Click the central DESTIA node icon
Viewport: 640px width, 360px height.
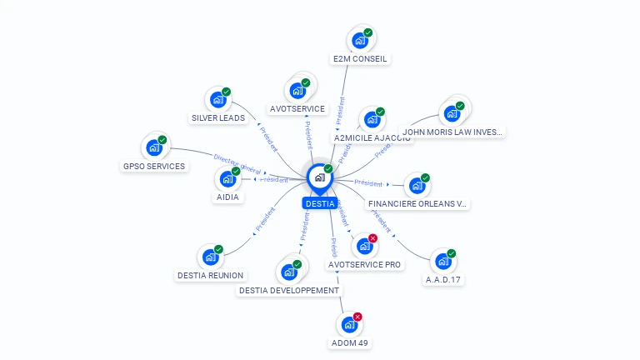point(319,177)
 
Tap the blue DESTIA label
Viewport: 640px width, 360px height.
point(320,203)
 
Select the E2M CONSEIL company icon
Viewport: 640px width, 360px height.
point(360,40)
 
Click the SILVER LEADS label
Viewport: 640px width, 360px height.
point(218,118)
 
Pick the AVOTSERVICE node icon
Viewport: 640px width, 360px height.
point(297,90)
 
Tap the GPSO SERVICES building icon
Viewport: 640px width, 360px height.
point(154,147)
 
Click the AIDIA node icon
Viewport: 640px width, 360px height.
point(227,177)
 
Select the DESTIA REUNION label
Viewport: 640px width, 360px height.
point(211,275)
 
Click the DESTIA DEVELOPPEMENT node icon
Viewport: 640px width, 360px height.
point(289,272)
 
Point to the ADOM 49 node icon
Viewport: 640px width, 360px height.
point(349,324)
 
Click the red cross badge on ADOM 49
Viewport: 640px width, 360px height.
point(357,317)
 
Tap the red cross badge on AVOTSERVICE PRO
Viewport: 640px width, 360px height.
point(372,238)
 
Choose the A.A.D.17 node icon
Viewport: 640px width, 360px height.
point(443,261)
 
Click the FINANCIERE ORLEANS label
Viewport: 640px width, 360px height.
point(418,203)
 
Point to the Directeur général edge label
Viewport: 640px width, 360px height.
point(237,162)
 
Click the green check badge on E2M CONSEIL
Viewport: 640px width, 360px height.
point(368,32)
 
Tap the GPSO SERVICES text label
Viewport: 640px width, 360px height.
point(154,166)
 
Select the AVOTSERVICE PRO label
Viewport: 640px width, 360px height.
point(365,264)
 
